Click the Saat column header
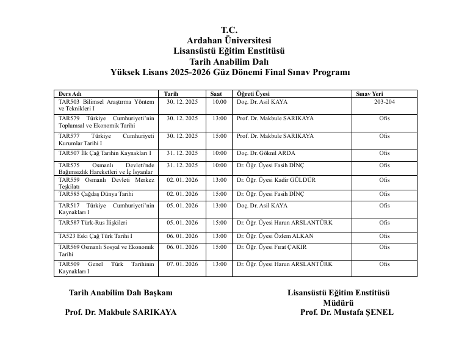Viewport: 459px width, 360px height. coord(216,94)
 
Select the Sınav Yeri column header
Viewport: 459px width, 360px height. coord(370,94)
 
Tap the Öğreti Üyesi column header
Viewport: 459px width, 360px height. coord(253,94)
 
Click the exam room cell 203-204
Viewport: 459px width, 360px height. coord(384,102)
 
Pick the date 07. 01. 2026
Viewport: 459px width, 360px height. coord(183,264)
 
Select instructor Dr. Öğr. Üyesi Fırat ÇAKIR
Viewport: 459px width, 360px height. coord(272,247)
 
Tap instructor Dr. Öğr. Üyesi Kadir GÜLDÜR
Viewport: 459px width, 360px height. coord(276,181)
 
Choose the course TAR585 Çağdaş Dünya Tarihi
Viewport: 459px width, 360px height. coord(96,194)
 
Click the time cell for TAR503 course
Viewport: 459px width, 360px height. coord(219,102)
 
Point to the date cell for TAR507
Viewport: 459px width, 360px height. coord(183,153)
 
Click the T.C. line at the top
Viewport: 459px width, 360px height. coord(229,30)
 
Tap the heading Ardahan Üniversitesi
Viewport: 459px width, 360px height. coord(229,40)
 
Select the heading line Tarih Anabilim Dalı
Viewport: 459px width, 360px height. coord(229,62)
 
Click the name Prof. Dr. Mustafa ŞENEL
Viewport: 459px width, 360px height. coord(347,312)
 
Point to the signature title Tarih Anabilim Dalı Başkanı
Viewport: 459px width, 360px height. coord(121,292)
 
